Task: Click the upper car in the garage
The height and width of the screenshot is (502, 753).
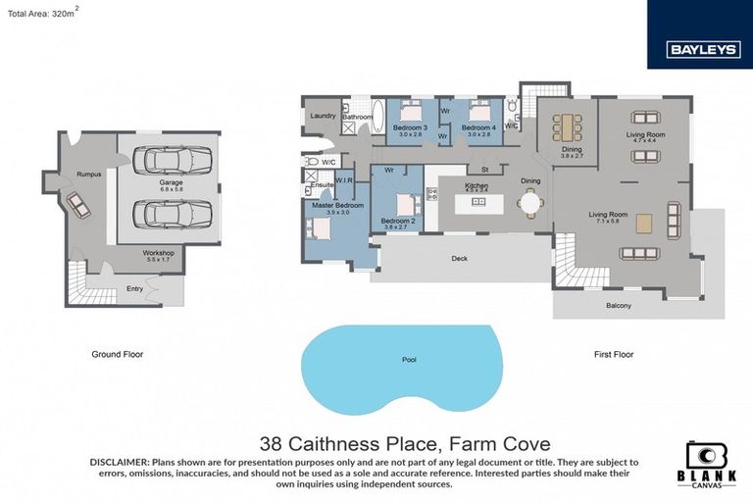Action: point(171,161)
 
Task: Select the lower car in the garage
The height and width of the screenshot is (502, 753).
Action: point(171,213)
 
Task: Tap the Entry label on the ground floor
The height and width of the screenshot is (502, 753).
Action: point(134,288)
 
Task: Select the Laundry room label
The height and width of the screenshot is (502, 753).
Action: point(324,115)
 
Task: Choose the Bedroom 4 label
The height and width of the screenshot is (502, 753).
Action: point(477,127)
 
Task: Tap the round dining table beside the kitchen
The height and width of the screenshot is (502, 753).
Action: point(529,203)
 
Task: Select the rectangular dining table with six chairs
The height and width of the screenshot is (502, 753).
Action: point(566,126)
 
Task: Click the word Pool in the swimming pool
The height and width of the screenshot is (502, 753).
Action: point(409,360)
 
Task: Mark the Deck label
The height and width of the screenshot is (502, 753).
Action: point(459,260)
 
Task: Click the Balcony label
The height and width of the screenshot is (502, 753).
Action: point(618,306)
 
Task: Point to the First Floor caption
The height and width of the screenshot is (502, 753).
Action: point(614,353)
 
